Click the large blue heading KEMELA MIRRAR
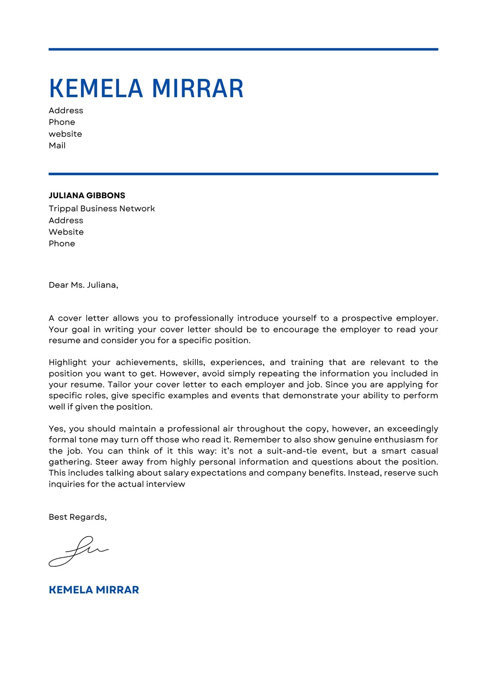[x=146, y=89]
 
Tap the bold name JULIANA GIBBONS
[x=87, y=196]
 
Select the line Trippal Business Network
[x=102, y=209]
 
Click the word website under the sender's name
[x=65, y=134]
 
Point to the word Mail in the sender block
[x=57, y=146]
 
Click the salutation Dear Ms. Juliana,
[x=83, y=285]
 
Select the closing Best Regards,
[x=78, y=517]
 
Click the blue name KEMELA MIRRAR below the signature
[x=94, y=590]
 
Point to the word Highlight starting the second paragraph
[x=68, y=363]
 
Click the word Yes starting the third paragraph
[x=56, y=429]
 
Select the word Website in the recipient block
[x=66, y=232]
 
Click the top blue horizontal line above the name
[x=243, y=50]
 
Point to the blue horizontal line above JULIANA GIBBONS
[x=243, y=174]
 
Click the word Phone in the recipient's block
[x=62, y=244]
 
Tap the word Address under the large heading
[x=65, y=111]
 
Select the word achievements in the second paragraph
[x=146, y=363]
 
